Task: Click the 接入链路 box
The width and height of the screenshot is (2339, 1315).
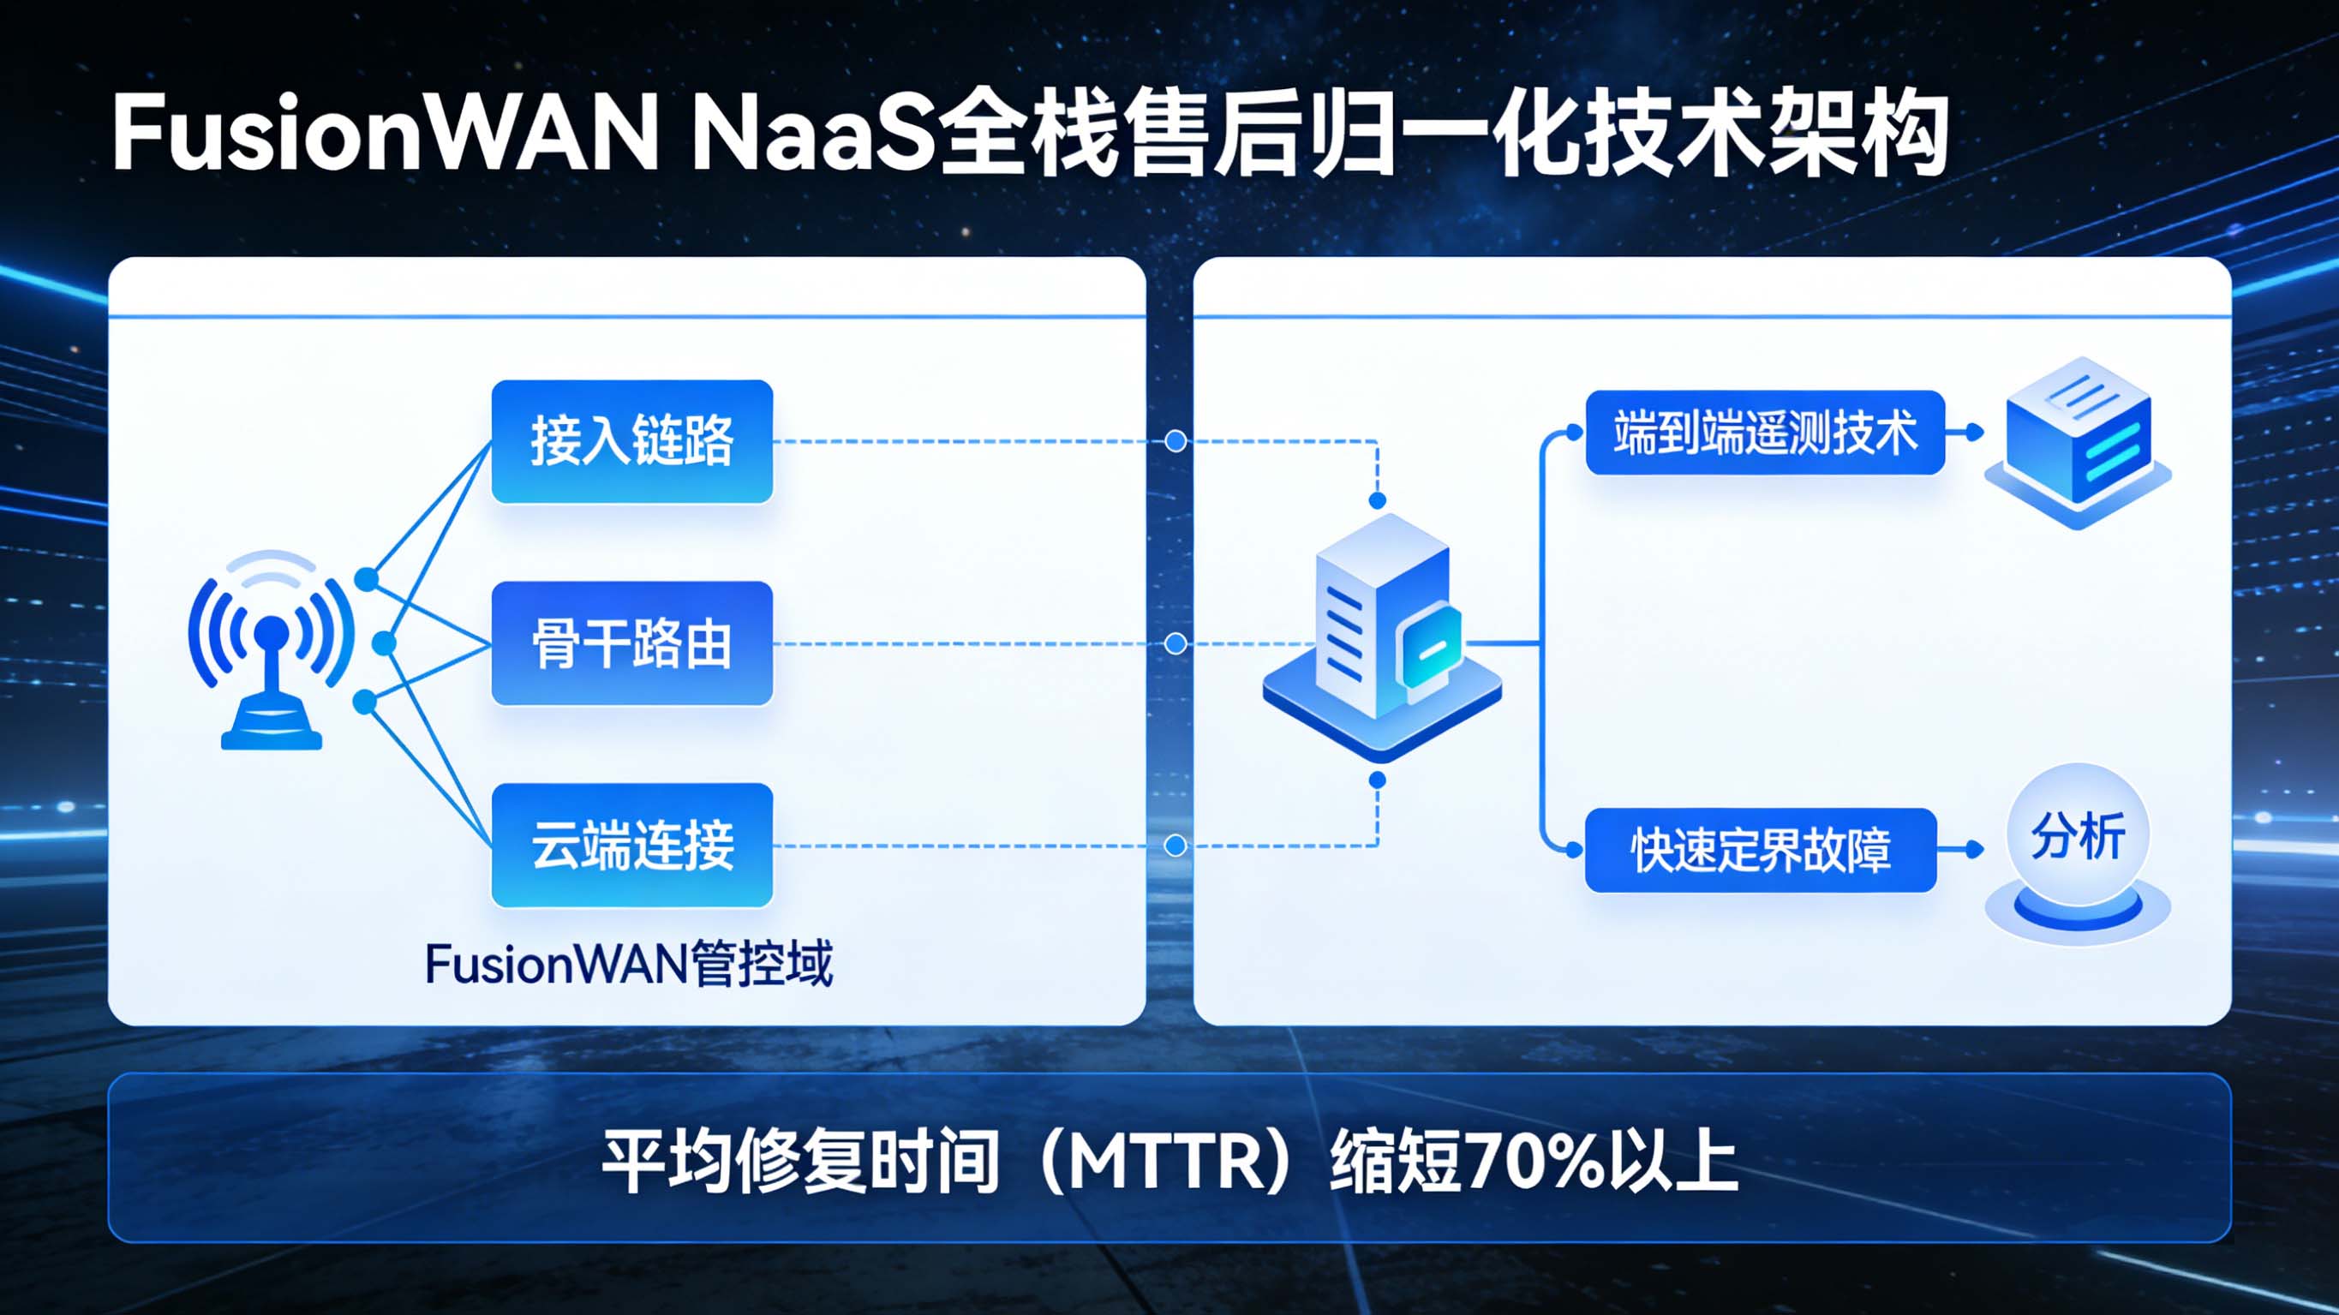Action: click(632, 441)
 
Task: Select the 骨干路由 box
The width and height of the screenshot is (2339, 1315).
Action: click(632, 643)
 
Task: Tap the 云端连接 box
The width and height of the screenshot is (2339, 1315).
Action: click(632, 845)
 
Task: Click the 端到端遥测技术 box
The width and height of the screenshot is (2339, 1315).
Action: click(1764, 433)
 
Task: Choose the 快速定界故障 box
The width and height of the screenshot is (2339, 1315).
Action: click(1761, 850)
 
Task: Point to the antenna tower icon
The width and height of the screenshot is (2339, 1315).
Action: click(271, 650)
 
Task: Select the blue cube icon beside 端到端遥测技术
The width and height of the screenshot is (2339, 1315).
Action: click(2078, 440)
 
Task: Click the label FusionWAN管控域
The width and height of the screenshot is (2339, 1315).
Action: click(628, 965)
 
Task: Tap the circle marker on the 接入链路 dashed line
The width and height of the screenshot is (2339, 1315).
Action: click(1175, 441)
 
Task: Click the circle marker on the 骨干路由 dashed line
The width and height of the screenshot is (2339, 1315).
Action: click(1175, 644)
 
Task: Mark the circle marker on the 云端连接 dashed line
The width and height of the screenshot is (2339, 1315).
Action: click(1175, 846)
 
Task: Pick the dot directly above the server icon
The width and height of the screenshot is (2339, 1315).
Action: click(1378, 500)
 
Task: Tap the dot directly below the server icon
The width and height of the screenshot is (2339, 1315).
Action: click(1378, 780)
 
